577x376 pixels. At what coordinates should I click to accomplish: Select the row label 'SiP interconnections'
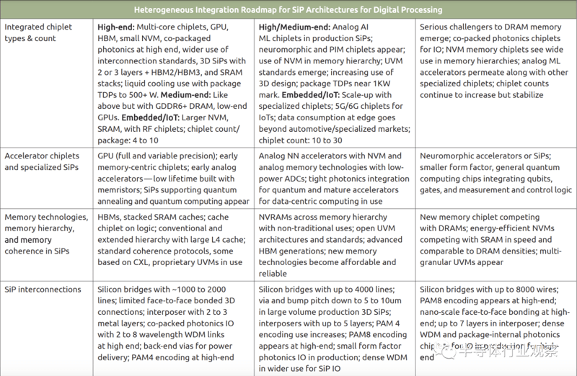click(43, 290)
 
